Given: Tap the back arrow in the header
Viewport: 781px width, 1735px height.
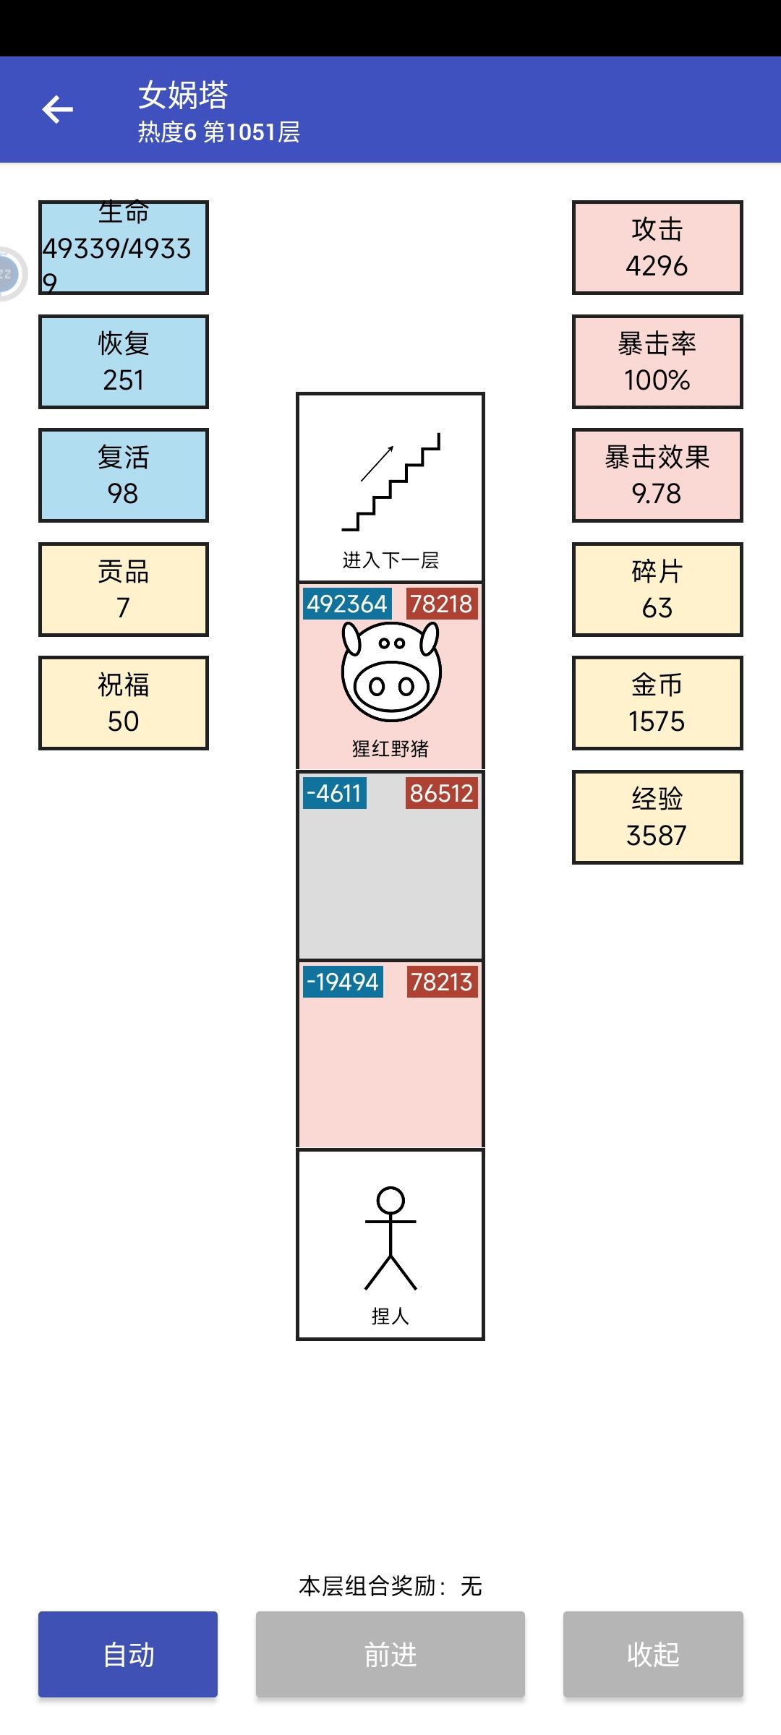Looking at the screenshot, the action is [58, 110].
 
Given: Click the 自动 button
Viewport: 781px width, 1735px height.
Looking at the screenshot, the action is [128, 1654].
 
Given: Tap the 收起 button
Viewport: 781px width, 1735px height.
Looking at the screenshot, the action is [653, 1654].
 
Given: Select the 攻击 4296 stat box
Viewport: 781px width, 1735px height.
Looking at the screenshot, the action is [657, 248].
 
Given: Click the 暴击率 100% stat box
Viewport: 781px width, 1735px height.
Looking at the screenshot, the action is [657, 361].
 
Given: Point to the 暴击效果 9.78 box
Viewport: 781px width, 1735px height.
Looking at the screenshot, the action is [657, 475].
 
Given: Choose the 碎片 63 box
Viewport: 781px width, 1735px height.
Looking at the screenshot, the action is [657, 589].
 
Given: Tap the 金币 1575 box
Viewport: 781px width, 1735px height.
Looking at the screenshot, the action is [657, 703].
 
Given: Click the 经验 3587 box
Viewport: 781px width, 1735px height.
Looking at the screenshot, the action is [657, 817].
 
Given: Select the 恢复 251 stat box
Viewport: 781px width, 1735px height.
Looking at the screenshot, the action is [124, 361].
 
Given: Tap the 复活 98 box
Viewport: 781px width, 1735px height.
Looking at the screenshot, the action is [124, 475].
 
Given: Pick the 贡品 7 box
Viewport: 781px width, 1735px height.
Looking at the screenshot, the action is [124, 589].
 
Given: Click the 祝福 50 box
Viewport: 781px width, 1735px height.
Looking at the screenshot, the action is [124, 703].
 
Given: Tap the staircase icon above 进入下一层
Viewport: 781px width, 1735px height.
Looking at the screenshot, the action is [391, 481].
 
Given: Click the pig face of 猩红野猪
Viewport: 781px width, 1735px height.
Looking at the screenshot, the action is [391, 671].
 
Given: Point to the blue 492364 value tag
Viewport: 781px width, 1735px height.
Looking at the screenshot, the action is [347, 604].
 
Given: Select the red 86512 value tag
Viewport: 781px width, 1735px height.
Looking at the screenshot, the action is [441, 793].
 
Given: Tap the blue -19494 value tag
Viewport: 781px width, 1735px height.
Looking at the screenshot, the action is [343, 982].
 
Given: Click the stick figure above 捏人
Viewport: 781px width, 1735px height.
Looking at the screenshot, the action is [390, 1238].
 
